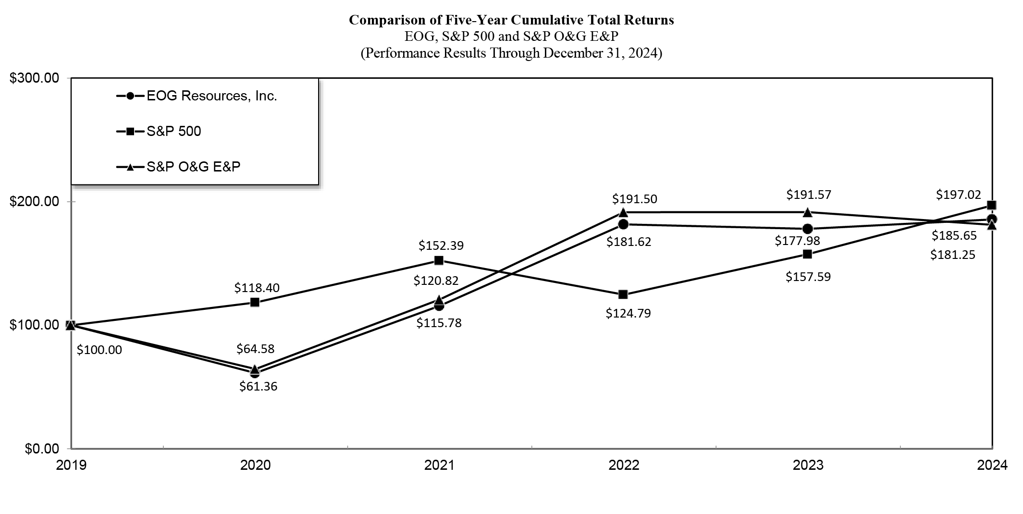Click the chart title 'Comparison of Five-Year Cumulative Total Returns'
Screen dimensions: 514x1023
(511, 20)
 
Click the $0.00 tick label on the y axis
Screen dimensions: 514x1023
(42, 449)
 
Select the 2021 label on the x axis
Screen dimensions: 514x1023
(439, 465)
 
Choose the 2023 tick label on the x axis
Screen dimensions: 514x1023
(808, 465)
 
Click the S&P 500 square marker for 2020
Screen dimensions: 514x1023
(255, 302)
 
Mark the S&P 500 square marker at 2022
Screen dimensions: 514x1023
(623, 294)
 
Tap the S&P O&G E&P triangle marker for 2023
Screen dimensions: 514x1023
(808, 212)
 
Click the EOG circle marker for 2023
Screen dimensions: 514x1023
(808, 229)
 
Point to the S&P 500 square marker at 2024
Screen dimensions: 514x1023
(991, 205)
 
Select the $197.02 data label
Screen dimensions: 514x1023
(958, 195)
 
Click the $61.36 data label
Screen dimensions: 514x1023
(259, 386)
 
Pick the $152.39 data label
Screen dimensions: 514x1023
(441, 245)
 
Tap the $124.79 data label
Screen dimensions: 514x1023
(628, 313)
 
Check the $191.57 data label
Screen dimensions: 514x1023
(809, 195)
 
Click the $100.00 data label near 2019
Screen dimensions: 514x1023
(99, 350)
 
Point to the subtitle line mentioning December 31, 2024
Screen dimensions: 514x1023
(511, 52)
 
